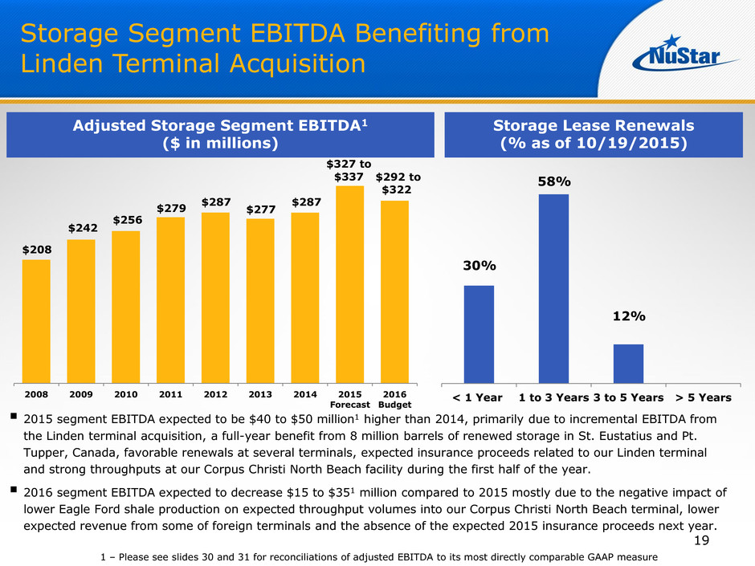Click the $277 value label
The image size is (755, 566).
(259, 209)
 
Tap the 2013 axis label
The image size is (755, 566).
(259, 395)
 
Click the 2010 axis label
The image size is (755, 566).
(126, 395)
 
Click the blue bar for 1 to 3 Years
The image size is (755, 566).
(553, 288)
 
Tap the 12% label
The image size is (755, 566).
(628, 316)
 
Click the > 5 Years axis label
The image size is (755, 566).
(704, 397)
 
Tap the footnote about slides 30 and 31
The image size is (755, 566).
(377, 556)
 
